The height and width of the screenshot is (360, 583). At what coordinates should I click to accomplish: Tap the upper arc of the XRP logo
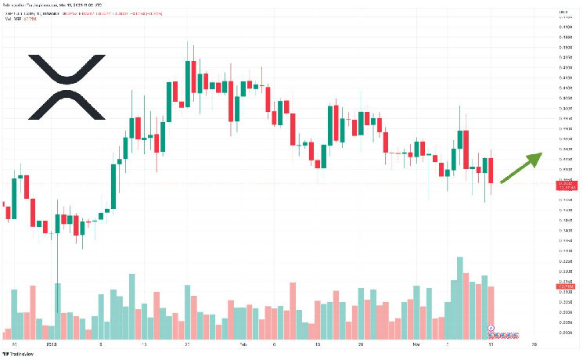[x=67, y=66]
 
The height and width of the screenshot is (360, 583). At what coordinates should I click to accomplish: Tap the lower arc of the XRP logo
[x=67, y=108]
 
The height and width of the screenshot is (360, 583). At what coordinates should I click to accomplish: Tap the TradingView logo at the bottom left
[x=24, y=353]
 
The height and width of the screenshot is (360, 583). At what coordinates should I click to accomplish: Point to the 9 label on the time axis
[x=100, y=344]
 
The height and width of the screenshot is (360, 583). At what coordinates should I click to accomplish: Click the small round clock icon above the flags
[x=491, y=327]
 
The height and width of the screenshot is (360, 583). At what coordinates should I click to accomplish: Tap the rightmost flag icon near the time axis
[x=516, y=335]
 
